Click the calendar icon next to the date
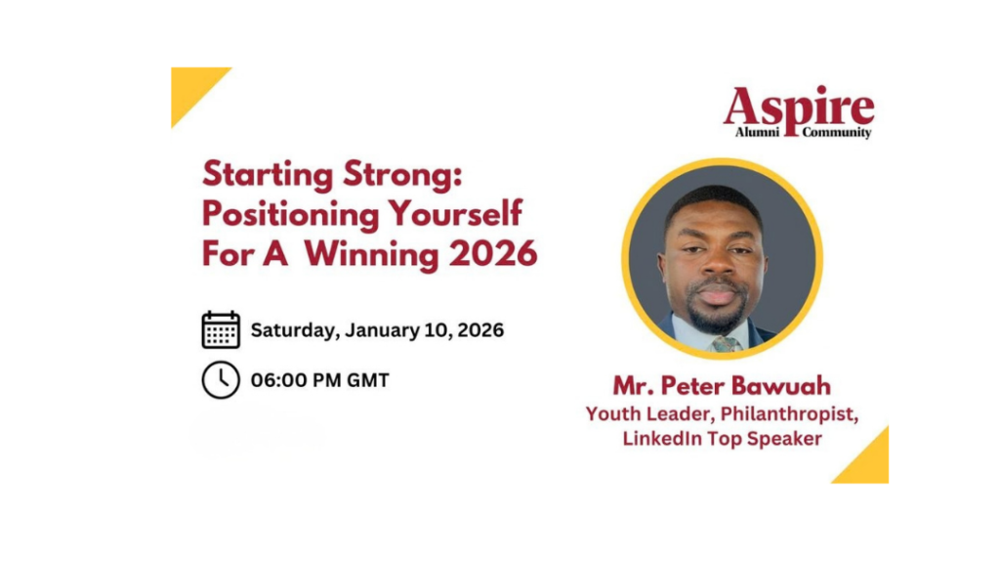pyautogui.click(x=221, y=330)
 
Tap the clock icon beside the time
pyautogui.click(x=221, y=380)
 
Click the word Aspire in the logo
pyautogui.click(x=799, y=108)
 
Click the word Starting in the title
pyautogui.click(x=268, y=175)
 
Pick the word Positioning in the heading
pyautogui.click(x=291, y=214)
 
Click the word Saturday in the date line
pyautogui.click(x=293, y=330)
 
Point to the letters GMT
pyautogui.click(x=367, y=380)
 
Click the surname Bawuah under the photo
pyautogui.click(x=780, y=385)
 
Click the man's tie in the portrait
pyautogui.click(x=727, y=343)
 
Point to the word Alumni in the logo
pyautogui.click(x=757, y=132)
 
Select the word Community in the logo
pyautogui.click(x=837, y=133)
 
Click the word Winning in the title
pyautogui.click(x=371, y=254)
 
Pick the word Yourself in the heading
pyautogui.click(x=455, y=214)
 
